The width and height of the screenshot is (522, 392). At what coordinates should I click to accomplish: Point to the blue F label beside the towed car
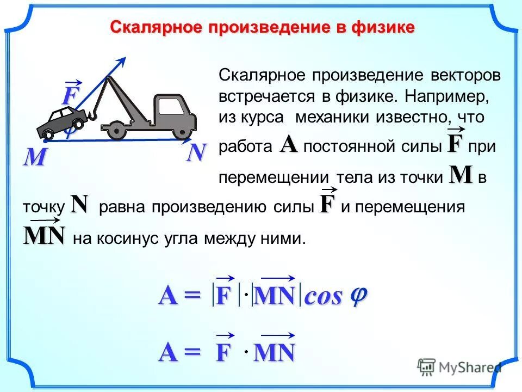[69, 96]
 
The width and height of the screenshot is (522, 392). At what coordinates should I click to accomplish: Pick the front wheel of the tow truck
[179, 131]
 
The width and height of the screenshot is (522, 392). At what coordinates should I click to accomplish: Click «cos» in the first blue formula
[324, 297]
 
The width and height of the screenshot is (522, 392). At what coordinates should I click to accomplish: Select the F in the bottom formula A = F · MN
[223, 353]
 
